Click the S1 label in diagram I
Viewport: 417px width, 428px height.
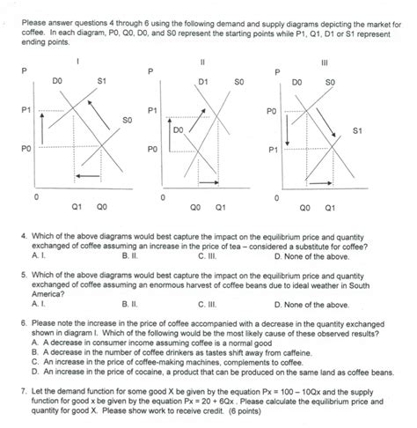point(101,80)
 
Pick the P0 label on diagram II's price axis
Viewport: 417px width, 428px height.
point(153,149)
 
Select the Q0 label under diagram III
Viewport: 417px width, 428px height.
point(304,209)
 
